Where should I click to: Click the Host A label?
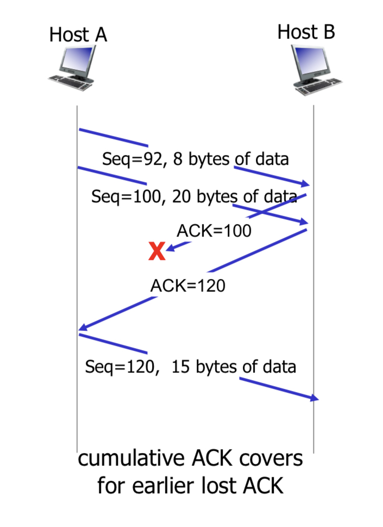(x=78, y=35)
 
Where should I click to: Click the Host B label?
(x=306, y=32)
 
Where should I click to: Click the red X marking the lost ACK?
(x=156, y=252)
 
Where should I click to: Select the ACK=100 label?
(x=214, y=231)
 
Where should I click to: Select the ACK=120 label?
(x=187, y=285)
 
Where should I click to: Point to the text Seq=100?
(x=124, y=196)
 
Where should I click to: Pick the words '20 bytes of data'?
(x=233, y=196)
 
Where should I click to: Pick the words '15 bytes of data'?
(x=234, y=366)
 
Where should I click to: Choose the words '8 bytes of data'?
(x=231, y=160)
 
